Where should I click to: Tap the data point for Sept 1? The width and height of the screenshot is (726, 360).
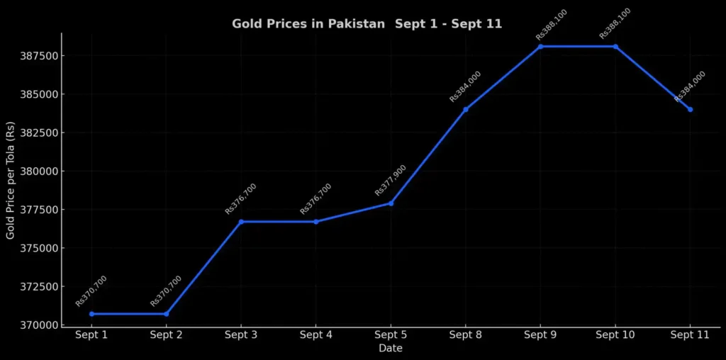tap(91, 314)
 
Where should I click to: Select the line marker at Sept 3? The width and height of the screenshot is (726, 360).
tap(241, 222)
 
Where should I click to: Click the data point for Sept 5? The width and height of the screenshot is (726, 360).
tap(391, 203)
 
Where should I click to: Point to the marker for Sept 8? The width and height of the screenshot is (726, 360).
tap(466, 109)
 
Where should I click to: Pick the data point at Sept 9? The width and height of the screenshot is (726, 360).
tap(540, 47)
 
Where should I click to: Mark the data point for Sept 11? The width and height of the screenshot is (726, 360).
tap(690, 109)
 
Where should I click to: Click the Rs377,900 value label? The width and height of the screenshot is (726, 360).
tap(391, 180)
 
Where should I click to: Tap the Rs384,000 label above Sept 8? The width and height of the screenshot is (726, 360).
tap(466, 86)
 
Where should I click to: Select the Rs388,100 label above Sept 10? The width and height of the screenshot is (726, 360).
tap(615, 23)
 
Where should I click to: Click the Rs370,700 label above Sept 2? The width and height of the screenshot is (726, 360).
tap(167, 291)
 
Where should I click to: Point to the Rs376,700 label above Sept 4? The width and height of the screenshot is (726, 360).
tap(316, 198)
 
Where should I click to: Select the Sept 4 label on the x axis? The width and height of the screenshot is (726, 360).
tap(316, 335)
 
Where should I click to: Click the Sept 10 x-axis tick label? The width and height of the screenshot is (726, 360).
tap(615, 335)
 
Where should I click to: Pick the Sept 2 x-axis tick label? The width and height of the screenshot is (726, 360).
tap(167, 335)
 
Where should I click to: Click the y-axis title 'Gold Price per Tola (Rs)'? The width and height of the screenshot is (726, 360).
tap(11, 180)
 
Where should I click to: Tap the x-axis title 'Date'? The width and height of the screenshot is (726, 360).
tap(391, 349)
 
